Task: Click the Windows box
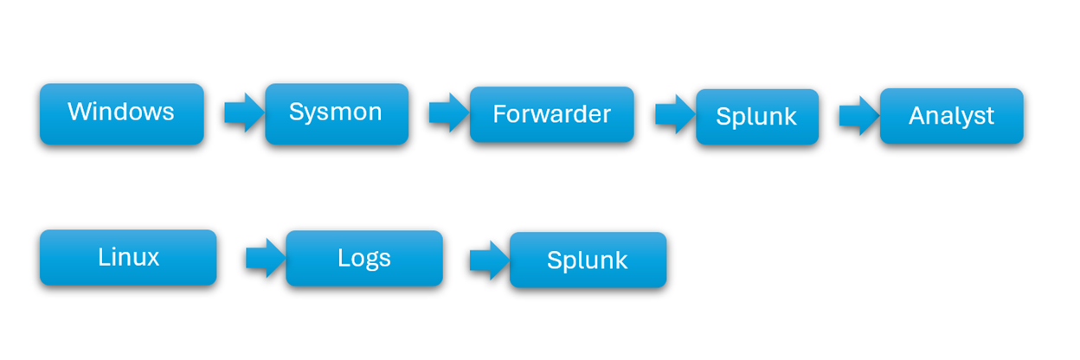121,113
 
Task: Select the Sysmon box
336,113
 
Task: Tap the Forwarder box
551,114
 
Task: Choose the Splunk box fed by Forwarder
756,117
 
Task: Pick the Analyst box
951,116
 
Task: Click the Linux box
128,257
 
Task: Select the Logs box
363,258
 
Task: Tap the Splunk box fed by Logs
587,260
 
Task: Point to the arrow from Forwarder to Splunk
675,115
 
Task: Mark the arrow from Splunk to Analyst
859,116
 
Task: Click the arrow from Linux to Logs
266,258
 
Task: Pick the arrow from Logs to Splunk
489,260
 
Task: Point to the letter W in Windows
79,112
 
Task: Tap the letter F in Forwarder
498,114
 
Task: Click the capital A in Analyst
916,116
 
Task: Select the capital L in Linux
102,257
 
